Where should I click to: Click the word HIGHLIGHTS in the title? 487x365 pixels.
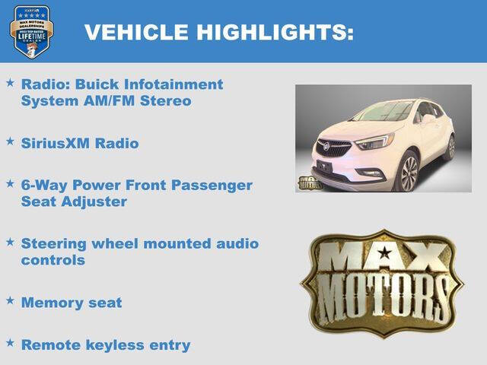click(x=275, y=32)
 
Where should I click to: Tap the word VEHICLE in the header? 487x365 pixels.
click(x=136, y=32)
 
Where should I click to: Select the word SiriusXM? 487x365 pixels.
click(x=56, y=143)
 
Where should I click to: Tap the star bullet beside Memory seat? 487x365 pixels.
click(x=10, y=300)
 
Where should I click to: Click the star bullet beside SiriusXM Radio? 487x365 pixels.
click(x=10, y=141)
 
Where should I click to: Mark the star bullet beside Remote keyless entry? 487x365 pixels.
click(x=10, y=343)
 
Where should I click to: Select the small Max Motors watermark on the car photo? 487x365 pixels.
click(x=309, y=182)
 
